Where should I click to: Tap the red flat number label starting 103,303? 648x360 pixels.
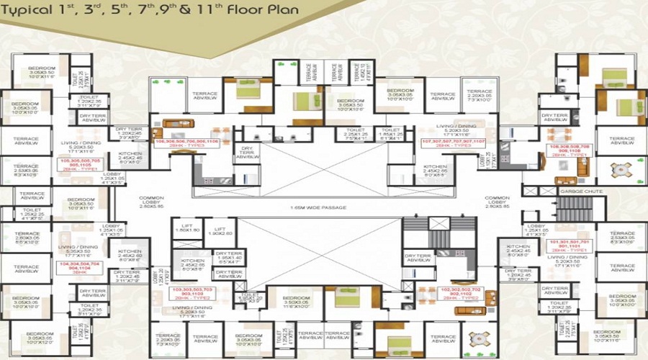click(192, 292)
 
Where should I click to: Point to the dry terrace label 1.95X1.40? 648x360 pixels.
click(228, 258)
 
